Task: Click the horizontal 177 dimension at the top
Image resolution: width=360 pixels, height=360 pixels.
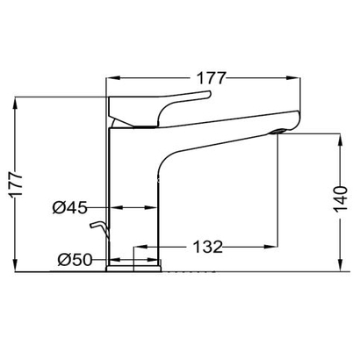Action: (212, 78)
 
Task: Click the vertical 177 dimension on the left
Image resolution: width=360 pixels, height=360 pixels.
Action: (15, 185)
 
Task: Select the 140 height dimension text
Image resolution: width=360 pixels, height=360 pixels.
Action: (341, 198)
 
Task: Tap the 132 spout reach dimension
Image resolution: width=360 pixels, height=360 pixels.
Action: (208, 247)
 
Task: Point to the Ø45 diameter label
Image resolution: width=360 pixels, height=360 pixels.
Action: (70, 208)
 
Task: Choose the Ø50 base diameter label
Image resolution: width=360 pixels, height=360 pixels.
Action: (75, 260)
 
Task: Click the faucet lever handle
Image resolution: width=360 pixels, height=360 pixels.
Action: (160, 109)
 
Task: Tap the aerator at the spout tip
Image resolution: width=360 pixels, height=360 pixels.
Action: (278, 132)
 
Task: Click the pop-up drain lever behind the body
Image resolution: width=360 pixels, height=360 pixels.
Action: (100, 229)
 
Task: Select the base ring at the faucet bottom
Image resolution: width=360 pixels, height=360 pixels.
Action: (133, 269)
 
